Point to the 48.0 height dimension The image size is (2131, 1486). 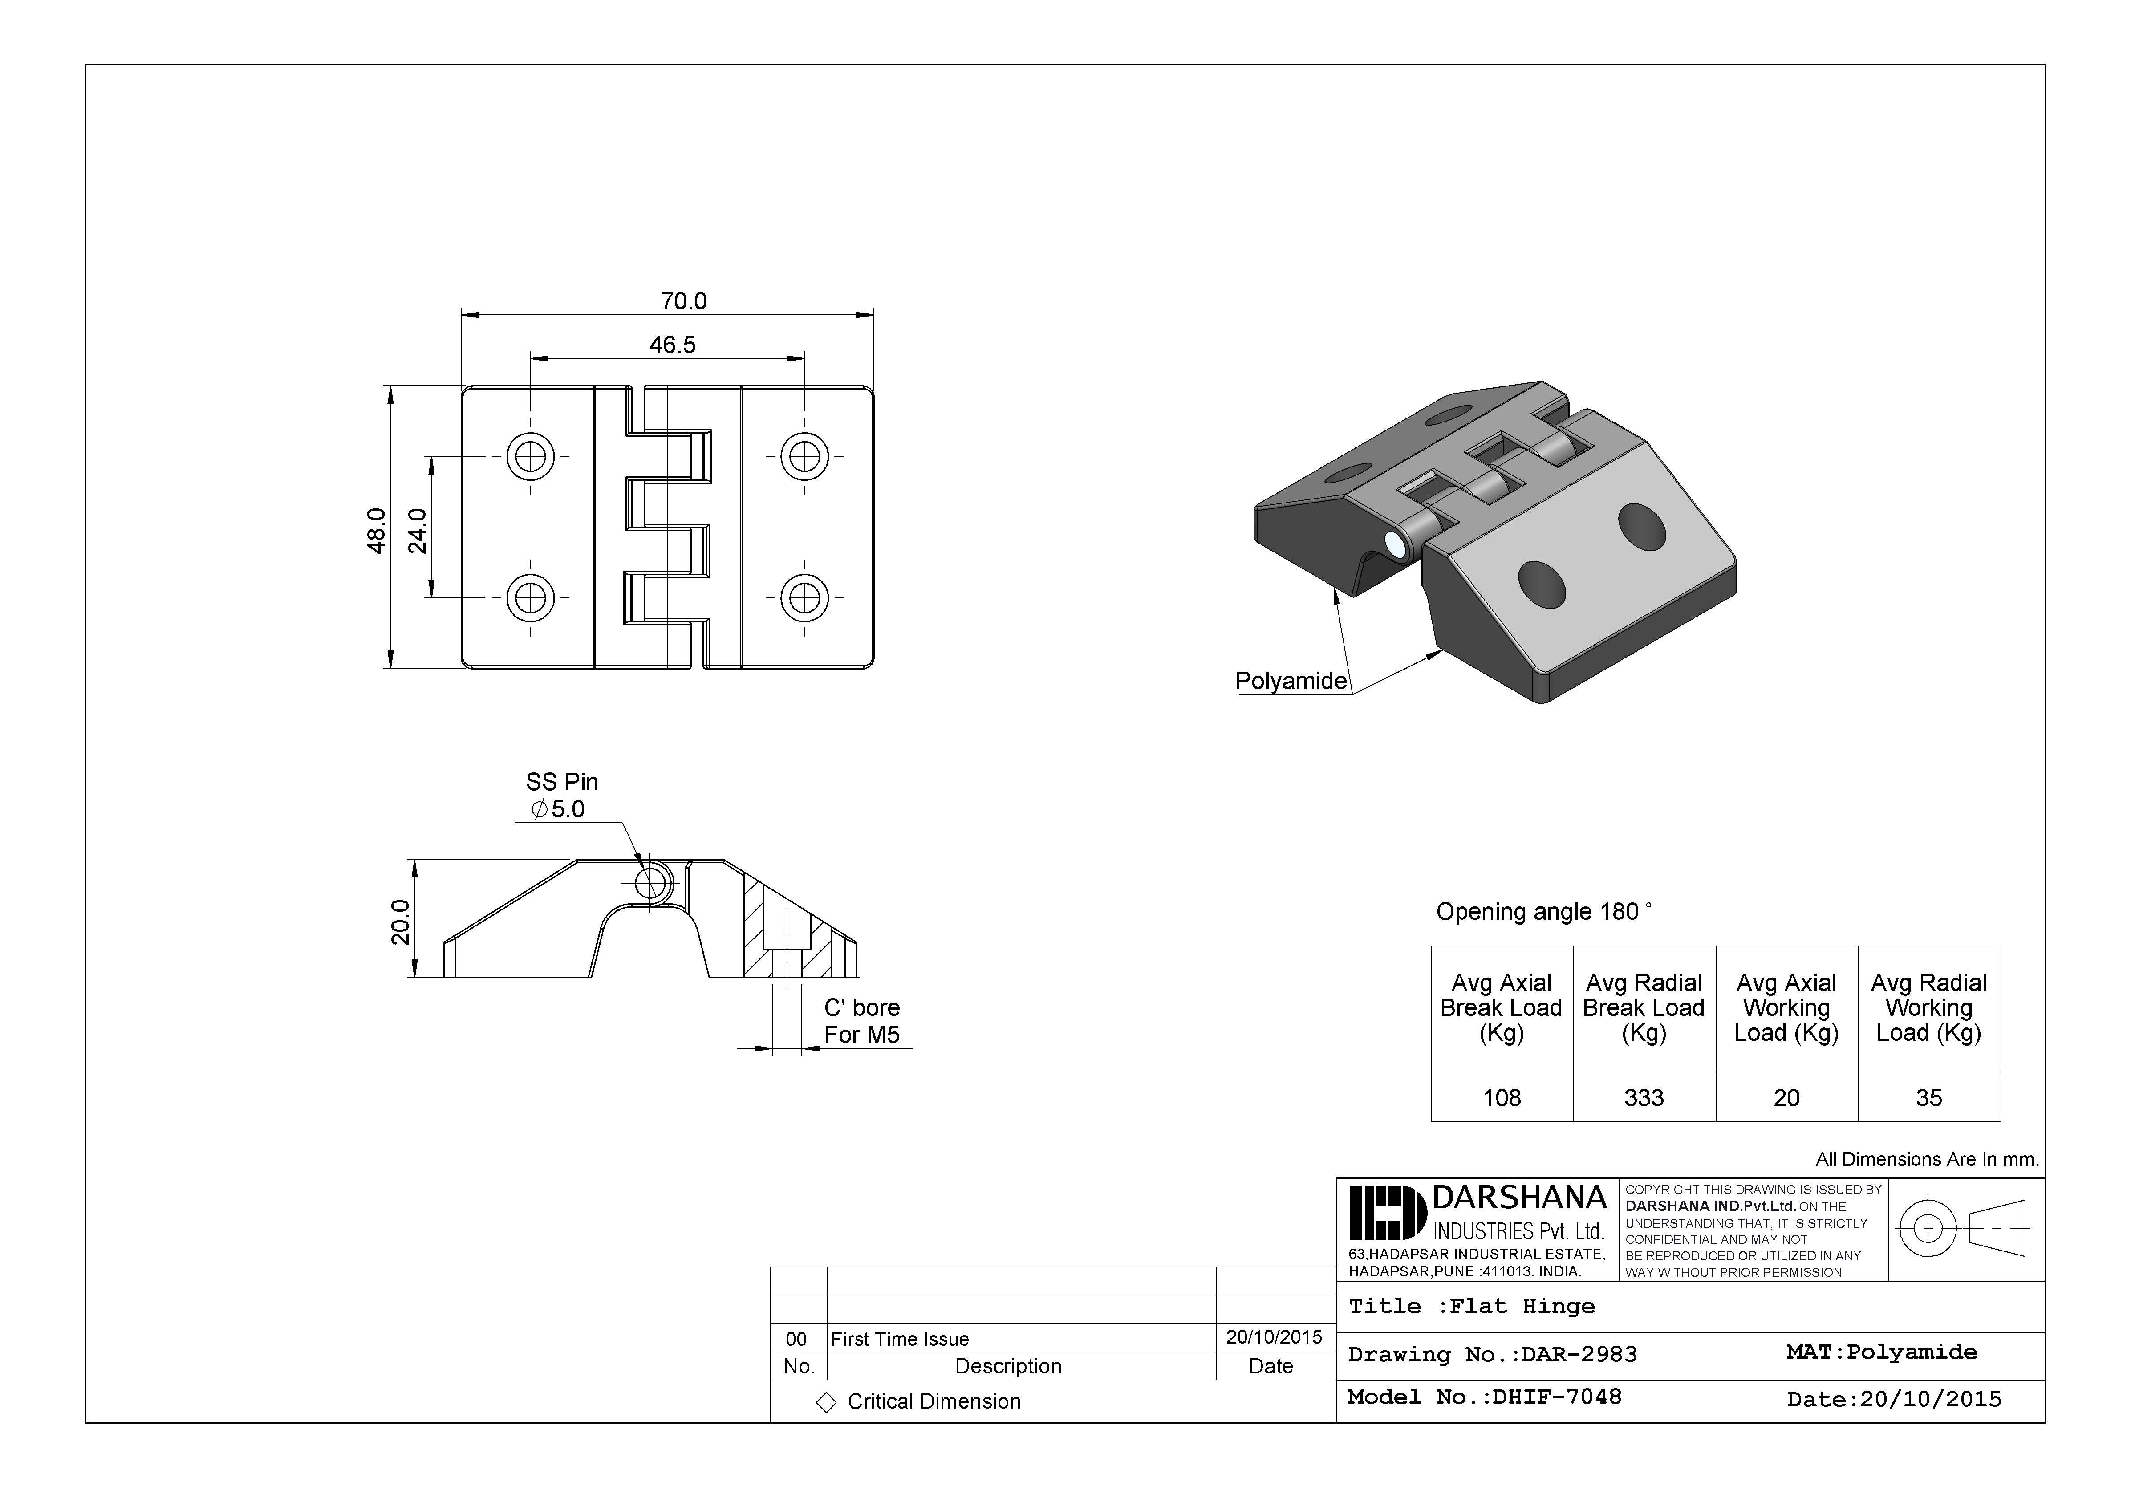point(377,530)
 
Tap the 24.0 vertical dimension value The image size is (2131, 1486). point(418,530)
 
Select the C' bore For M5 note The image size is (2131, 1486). point(861,1021)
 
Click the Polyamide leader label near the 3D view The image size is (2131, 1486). point(1290,681)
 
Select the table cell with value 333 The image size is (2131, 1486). point(1644,1098)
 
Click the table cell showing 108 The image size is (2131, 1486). point(1502,1098)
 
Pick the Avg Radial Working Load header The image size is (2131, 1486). point(1928,1008)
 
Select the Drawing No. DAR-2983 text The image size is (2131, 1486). point(1493,1354)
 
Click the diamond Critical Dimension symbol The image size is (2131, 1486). point(825,1402)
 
